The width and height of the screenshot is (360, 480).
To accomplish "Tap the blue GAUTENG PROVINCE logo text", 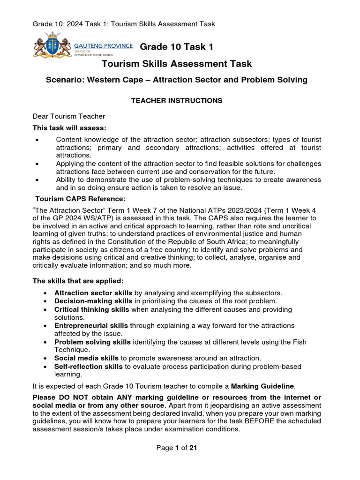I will coord(104,46).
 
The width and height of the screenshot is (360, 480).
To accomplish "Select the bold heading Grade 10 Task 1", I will coord(177,47).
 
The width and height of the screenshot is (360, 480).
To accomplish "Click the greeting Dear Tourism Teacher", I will coord(69,116).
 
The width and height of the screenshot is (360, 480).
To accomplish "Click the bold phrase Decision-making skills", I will coord(93,301).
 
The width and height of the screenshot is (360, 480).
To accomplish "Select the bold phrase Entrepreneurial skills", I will coord(91,325).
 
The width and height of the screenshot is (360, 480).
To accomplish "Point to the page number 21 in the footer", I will coord(193,448).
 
